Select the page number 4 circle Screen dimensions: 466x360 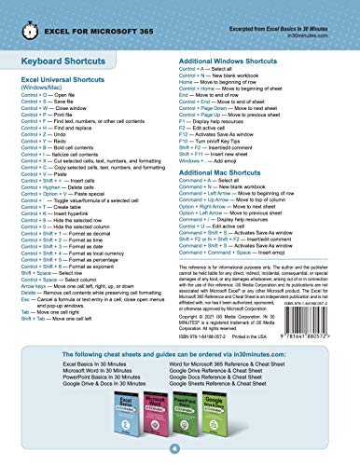180,450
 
